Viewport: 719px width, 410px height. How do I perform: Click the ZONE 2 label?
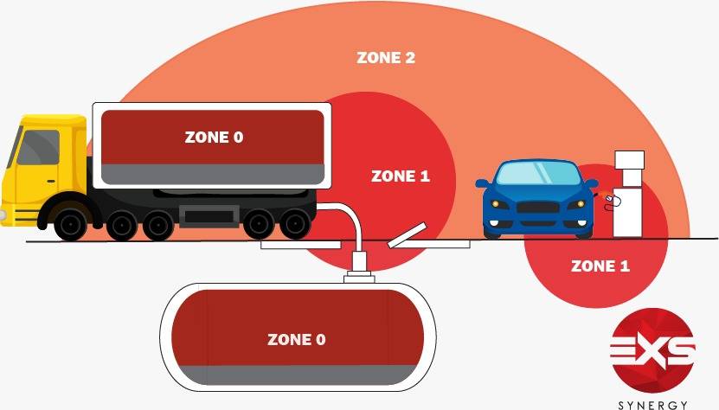(x=386, y=59)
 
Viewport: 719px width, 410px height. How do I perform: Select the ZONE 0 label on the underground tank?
(x=296, y=340)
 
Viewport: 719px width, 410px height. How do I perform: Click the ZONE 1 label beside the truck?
(x=400, y=176)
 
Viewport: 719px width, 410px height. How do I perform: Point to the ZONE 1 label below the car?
(x=600, y=266)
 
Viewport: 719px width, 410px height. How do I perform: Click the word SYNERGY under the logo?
(x=652, y=404)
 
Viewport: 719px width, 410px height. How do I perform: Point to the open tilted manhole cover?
(x=407, y=235)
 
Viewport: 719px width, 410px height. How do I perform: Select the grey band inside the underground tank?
(x=296, y=375)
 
